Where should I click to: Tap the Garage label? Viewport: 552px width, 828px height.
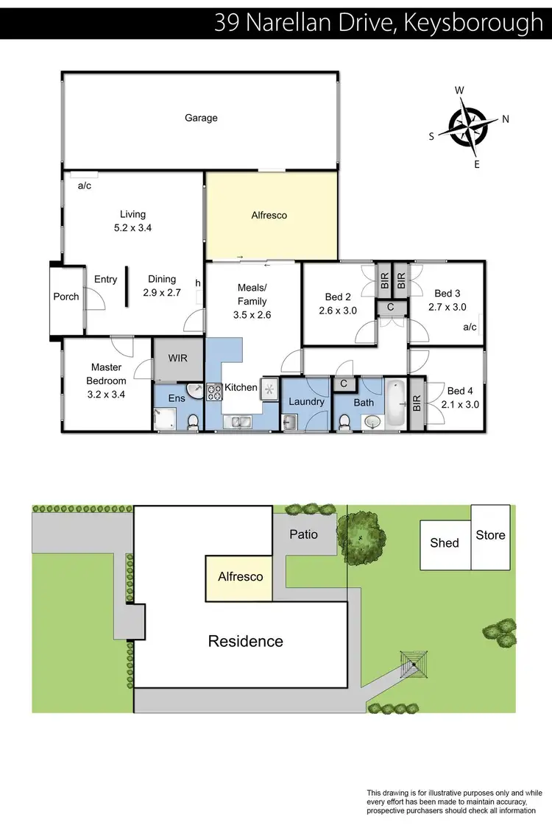(x=201, y=118)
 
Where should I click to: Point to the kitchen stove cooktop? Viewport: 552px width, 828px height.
(x=215, y=392)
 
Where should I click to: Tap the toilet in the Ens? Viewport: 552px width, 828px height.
(x=193, y=422)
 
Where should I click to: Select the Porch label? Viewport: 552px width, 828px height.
(x=66, y=297)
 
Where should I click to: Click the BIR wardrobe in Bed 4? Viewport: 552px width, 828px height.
(x=417, y=403)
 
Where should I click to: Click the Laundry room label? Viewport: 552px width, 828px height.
(x=306, y=402)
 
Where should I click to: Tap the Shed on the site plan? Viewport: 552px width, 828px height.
(x=445, y=543)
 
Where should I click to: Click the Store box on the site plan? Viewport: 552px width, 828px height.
(x=491, y=535)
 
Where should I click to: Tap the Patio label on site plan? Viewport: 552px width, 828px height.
(x=303, y=534)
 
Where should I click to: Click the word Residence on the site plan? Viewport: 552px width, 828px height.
(x=245, y=641)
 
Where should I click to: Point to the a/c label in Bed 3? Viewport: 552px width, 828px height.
(x=470, y=328)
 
